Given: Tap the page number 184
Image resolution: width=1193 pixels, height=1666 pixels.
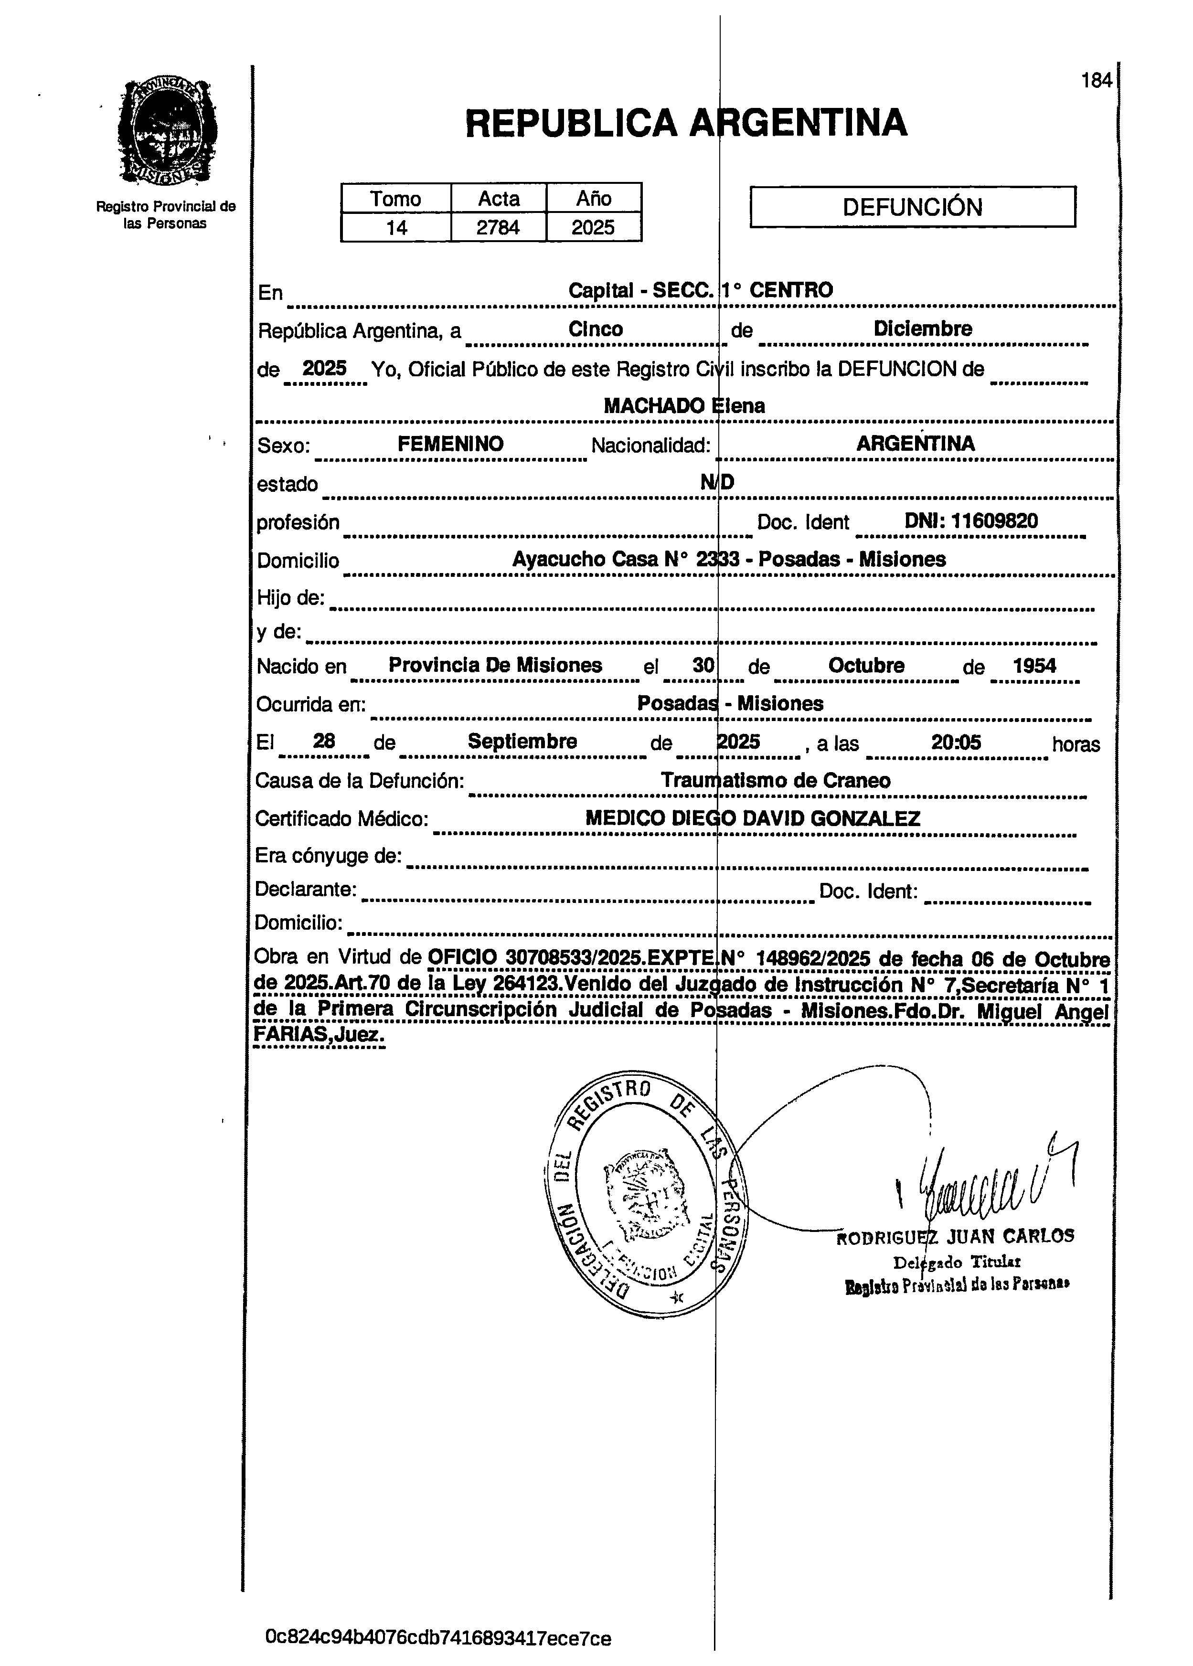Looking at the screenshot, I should click(x=1097, y=81).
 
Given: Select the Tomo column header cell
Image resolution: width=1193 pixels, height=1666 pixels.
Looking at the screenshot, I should click(x=395, y=198).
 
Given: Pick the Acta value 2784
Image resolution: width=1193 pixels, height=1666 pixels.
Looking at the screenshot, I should click(x=498, y=228).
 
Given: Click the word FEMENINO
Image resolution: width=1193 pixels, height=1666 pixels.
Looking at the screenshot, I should click(x=450, y=444).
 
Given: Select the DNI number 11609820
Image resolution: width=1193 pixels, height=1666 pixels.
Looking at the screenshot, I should click(x=995, y=521).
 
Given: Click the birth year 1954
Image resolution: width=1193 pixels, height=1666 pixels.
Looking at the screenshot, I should click(x=1034, y=666).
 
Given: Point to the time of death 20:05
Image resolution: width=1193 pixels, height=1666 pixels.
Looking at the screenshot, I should click(x=956, y=742).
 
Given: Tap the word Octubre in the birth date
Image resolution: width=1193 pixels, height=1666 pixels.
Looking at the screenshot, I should click(x=866, y=666).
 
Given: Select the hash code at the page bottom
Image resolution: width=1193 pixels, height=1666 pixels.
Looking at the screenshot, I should click(x=438, y=1638).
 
